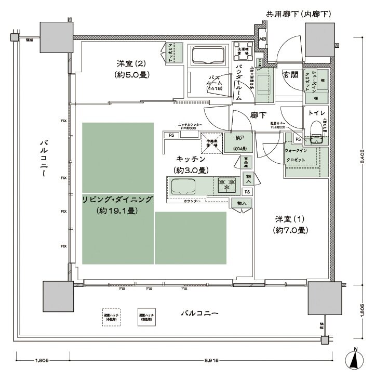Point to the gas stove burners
click(227, 183)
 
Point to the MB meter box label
click(263, 40)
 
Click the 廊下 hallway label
click(258, 115)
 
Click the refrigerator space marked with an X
click(211, 142)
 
